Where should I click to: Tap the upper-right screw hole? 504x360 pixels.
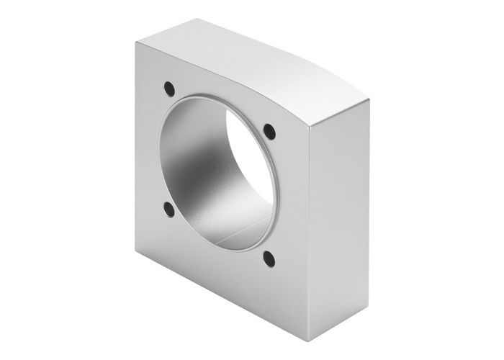click(x=269, y=131)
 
